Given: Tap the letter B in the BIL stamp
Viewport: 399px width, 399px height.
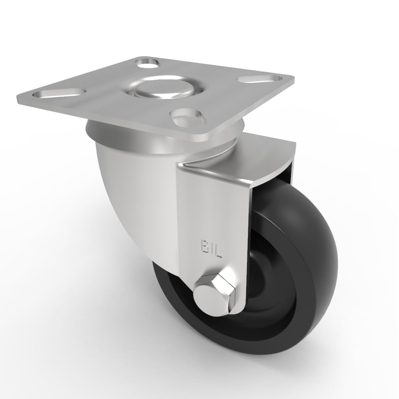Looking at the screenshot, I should [203, 245].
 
